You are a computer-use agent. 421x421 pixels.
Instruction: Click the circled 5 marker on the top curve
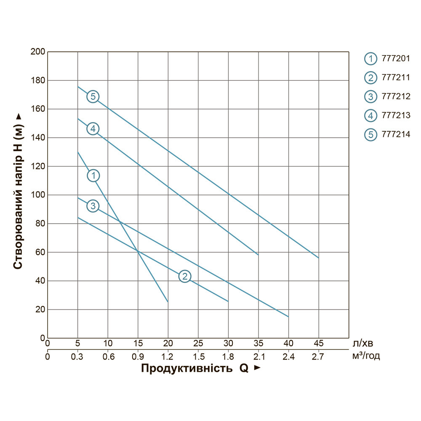[93, 96]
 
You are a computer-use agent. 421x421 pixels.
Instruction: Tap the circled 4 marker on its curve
[93, 128]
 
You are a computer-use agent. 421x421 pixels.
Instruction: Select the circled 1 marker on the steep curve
[93, 175]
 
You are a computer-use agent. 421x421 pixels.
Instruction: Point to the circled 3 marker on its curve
[93, 206]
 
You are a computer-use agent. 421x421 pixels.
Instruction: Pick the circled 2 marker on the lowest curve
[185, 276]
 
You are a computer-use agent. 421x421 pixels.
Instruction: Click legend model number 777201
[395, 59]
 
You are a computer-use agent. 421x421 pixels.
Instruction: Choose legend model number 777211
[395, 77]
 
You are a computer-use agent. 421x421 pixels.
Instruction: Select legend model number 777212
[395, 96]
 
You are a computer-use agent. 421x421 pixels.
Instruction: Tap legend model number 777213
[395, 115]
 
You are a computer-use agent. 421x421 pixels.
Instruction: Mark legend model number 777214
[395, 135]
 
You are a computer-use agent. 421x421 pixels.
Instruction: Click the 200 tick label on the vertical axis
[38, 52]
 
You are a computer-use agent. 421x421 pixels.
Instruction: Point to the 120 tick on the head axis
[38, 166]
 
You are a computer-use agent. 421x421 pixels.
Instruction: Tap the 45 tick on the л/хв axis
[319, 343]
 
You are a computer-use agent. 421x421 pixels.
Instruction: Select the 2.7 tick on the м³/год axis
[318, 357]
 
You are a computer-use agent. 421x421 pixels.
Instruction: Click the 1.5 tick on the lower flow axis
[198, 357]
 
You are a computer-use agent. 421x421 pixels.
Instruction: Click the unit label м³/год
[367, 357]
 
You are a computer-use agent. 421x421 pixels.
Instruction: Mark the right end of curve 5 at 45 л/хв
[318, 258]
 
